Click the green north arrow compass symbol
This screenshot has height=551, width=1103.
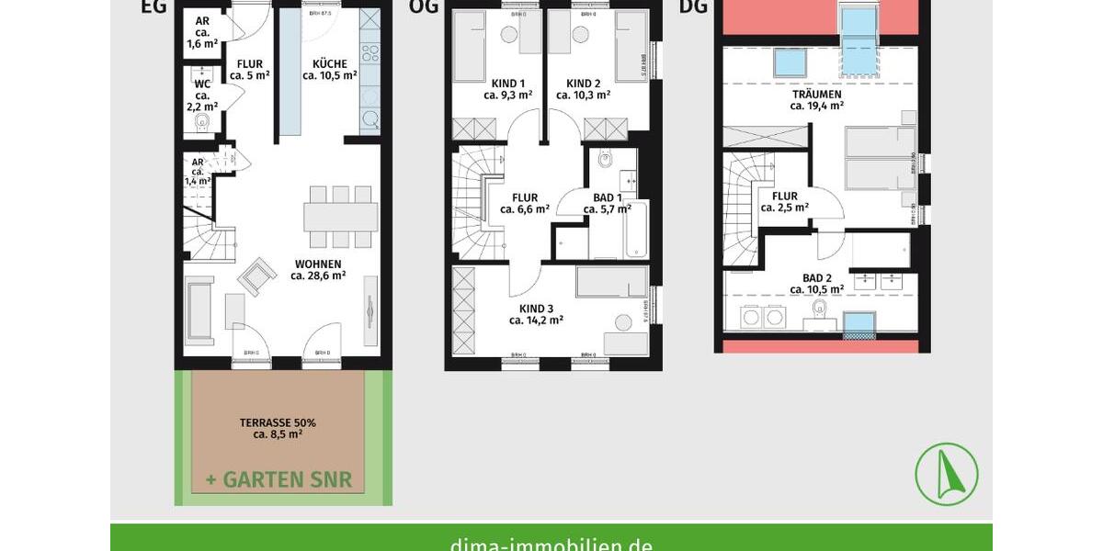point(946,474)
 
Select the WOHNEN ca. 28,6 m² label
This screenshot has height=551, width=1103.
point(318,269)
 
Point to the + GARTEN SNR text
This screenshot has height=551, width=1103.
point(279,480)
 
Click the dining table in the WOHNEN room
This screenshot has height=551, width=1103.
point(341,217)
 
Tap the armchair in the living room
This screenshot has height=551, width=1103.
point(256,275)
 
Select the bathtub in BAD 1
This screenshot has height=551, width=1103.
point(636,231)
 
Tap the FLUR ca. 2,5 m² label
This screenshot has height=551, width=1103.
point(785,202)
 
